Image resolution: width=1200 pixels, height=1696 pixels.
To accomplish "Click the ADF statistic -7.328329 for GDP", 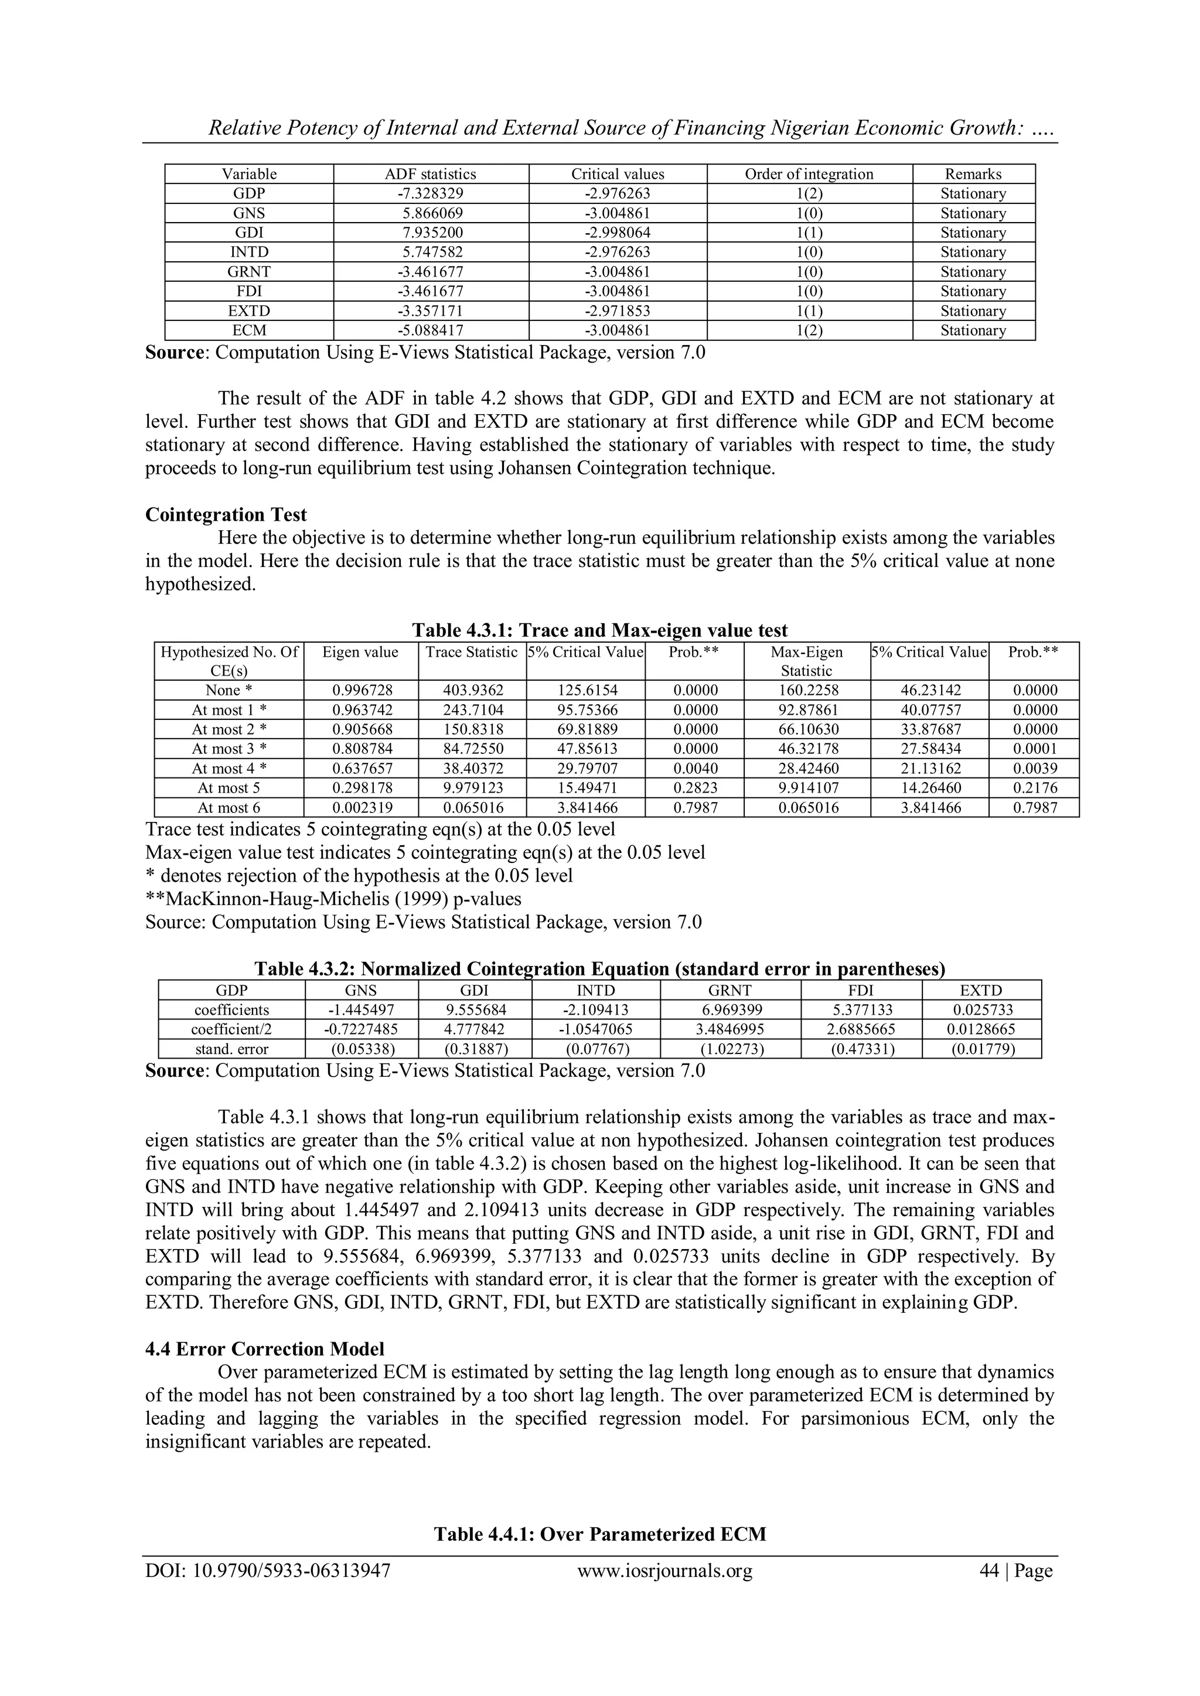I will pos(430,193).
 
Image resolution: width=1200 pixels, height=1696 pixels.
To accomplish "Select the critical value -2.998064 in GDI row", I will pos(617,233).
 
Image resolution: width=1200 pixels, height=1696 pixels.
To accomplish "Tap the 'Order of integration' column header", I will pos(809,175).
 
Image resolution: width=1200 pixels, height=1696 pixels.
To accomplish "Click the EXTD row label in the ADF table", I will pos(249,311).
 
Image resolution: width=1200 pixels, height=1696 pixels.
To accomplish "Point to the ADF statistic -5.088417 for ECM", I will pos(430,331).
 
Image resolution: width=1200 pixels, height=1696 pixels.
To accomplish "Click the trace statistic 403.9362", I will pos(472,691).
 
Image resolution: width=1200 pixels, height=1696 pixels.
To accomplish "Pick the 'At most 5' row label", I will pos(229,788).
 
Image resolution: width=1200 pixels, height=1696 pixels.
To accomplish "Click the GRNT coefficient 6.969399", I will pos(730,1010).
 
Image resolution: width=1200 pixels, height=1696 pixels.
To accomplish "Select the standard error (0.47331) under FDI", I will pos(861,1049).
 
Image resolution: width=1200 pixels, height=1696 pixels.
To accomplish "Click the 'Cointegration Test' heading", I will pos(226,515).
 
